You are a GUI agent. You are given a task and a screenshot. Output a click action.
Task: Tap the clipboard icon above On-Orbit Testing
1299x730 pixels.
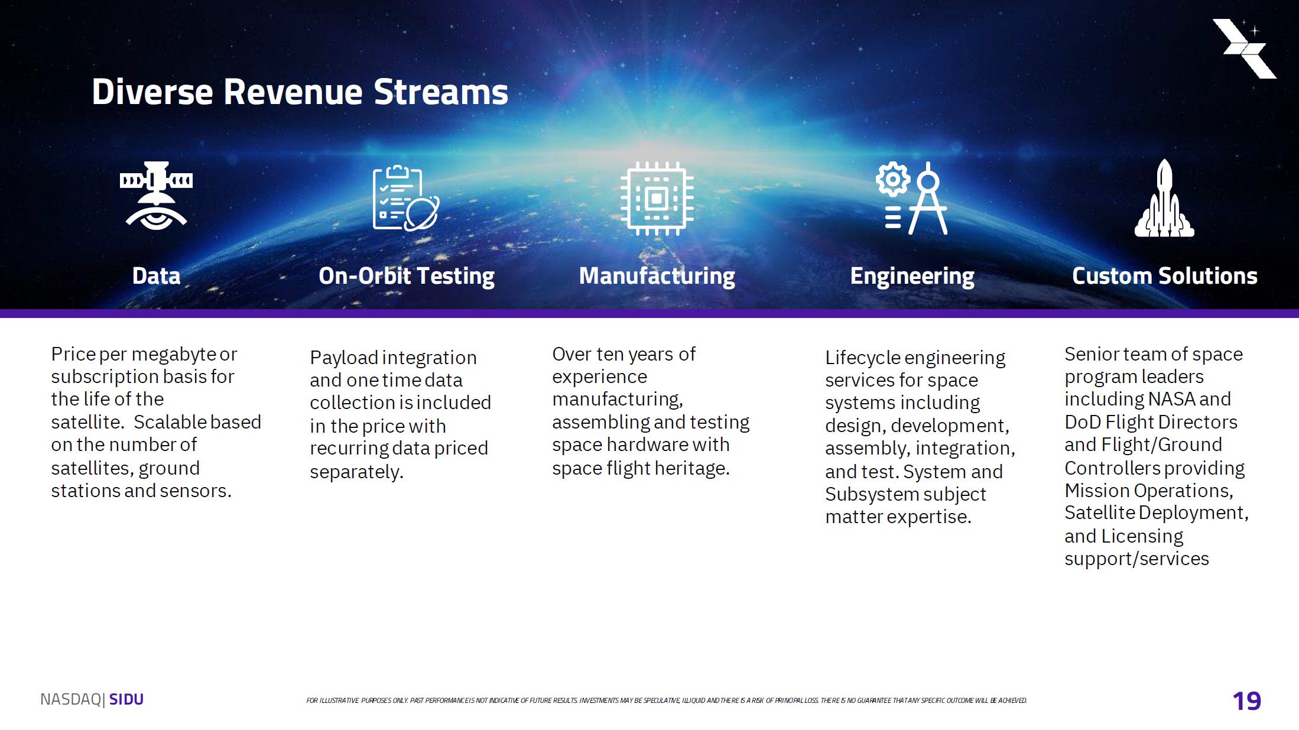405,198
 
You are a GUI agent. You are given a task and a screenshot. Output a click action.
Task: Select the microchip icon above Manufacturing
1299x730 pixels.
657,199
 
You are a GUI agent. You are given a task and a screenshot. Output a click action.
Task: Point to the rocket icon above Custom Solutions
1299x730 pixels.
1164,198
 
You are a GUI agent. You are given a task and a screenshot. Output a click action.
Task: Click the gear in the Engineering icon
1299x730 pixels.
893,179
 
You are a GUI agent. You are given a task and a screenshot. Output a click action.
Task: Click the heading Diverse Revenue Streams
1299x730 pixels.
300,92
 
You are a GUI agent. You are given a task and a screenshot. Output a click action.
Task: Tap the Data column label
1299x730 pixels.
156,276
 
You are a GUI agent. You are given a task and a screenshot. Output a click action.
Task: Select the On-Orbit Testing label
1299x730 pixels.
407,277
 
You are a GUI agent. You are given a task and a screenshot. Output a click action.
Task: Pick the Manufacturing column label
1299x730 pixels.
657,277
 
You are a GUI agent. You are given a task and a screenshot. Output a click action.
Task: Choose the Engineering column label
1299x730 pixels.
912,277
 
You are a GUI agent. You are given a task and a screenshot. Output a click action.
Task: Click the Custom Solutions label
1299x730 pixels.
1164,276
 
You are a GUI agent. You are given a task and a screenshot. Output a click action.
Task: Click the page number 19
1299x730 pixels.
1247,701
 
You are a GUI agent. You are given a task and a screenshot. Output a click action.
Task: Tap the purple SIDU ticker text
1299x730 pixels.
126,699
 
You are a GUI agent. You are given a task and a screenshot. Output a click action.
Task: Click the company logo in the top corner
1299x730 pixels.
1245,48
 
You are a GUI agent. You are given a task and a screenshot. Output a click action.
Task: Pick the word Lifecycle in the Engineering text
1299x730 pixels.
862,358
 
